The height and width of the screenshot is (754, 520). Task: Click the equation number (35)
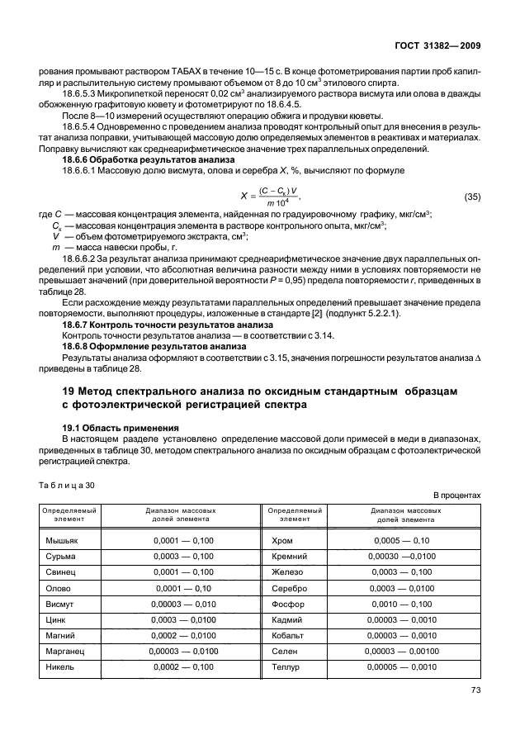tap(473, 197)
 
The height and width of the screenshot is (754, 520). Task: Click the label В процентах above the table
tap(456, 496)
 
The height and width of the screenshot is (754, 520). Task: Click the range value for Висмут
tap(183, 604)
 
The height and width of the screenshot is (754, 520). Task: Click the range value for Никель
tap(183, 666)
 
